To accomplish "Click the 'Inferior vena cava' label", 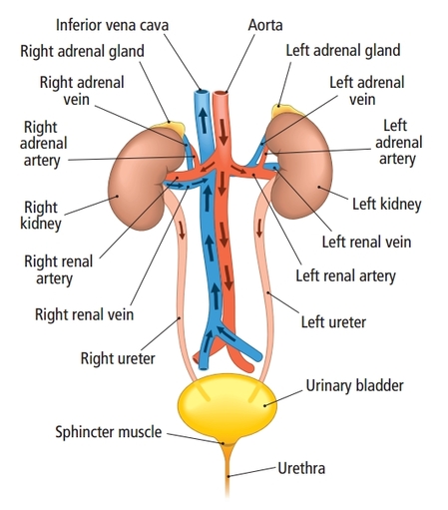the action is click(112, 25).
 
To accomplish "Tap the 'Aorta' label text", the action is click(265, 25).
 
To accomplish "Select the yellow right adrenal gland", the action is click(171, 128).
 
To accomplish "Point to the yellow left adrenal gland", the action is click(285, 111).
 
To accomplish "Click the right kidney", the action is click(143, 180).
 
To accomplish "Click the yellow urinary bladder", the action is click(227, 407).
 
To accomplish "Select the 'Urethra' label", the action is click(301, 468).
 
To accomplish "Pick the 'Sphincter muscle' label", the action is click(109, 432).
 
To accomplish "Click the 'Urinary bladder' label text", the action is click(354, 386).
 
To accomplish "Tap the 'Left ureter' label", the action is click(333, 322).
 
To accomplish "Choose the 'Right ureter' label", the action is click(118, 358).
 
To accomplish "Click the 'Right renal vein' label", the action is click(84, 314).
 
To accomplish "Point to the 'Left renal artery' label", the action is click(346, 276).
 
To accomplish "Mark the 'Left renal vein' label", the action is click(366, 242).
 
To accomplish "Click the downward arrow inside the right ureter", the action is click(182, 231).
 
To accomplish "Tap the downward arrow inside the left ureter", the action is click(259, 229).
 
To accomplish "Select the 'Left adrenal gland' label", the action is click(343, 51).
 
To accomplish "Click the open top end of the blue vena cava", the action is click(202, 92).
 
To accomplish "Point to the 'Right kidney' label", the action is click(41, 216).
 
